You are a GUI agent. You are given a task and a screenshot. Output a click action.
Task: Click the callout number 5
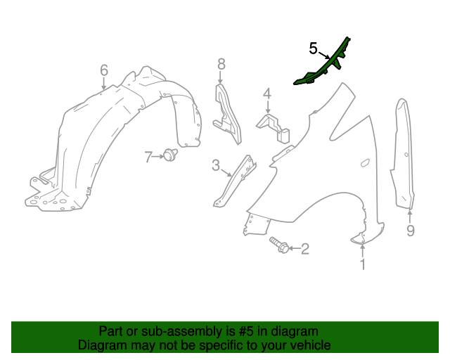tap(313, 49)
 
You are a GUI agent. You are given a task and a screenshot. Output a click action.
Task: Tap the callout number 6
tap(104, 70)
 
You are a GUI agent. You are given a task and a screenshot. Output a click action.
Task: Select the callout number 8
tap(221, 64)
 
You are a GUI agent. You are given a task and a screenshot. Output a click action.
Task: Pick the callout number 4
tap(267, 94)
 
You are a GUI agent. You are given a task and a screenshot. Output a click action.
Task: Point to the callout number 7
tap(148, 157)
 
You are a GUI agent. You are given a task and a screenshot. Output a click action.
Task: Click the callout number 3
tap(216, 165)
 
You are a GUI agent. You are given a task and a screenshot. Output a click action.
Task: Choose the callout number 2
tap(304, 249)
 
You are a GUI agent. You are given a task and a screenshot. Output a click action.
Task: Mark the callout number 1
tap(363, 264)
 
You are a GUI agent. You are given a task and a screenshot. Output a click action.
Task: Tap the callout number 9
tap(411, 231)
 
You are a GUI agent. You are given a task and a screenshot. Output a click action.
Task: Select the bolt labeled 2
tap(279, 245)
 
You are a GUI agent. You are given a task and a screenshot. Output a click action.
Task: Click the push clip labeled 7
tap(170, 155)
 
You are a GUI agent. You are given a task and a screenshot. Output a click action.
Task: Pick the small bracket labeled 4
tap(273, 127)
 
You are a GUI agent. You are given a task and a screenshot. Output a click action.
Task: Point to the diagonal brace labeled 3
tap(235, 181)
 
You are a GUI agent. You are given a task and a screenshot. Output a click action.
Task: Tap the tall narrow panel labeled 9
tap(402, 153)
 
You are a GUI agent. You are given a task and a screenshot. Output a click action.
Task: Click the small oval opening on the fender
tap(365, 163)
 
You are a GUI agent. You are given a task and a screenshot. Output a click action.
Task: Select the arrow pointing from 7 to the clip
tap(157, 157)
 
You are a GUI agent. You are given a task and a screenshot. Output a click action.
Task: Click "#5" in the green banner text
tap(246, 332)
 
